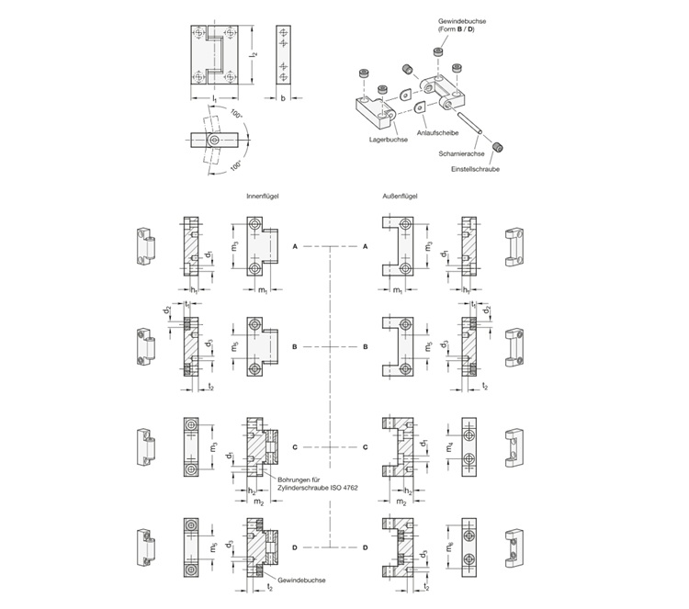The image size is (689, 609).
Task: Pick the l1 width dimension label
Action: coord(213,97)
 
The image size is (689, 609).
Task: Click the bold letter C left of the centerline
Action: coord(295,446)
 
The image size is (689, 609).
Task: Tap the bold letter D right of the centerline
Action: coord(366,547)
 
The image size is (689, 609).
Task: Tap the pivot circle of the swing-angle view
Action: coord(213,140)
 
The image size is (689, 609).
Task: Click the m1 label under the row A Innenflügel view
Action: coord(262,291)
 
